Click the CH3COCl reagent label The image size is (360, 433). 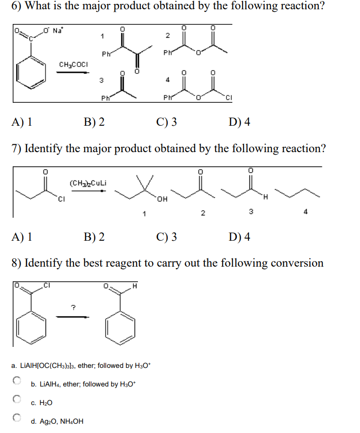pos(73,65)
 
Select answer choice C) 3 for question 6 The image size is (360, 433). pos(167,122)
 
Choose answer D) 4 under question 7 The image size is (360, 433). pos(239,237)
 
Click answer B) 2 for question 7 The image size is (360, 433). pos(94,237)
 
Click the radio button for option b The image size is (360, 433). pos(17,380)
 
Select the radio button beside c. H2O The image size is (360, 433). pos(17,399)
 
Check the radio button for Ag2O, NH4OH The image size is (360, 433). pos(17,417)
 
